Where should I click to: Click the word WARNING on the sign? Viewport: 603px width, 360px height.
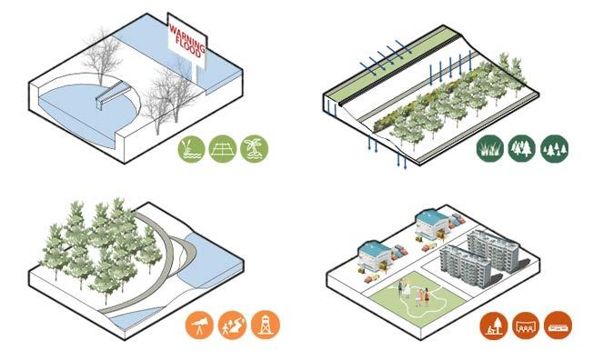pyautogui.click(x=187, y=37)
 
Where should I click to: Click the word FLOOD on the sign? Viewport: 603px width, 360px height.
pyautogui.click(x=188, y=46)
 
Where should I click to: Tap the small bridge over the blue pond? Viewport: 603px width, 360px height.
pyautogui.click(x=109, y=95)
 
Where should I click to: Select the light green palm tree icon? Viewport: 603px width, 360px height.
pyautogui.click(x=254, y=149)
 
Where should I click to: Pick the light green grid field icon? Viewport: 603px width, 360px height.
pyautogui.click(x=223, y=149)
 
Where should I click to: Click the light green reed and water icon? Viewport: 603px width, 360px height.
pyautogui.click(x=192, y=149)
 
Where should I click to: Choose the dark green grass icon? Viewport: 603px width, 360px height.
pyautogui.click(x=490, y=148)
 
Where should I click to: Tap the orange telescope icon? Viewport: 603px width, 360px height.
pyautogui.click(x=199, y=325)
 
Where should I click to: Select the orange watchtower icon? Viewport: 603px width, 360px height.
pyautogui.click(x=266, y=325)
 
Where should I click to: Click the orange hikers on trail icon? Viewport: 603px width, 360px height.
pyautogui.click(x=232, y=325)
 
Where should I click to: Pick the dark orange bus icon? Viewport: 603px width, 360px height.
pyautogui.click(x=558, y=325)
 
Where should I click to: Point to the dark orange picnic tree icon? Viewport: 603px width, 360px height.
pyautogui.click(x=494, y=325)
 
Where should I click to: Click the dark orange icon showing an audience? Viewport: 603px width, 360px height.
pyautogui.click(x=526, y=325)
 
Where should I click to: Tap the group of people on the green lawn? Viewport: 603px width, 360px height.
pyautogui.click(x=414, y=294)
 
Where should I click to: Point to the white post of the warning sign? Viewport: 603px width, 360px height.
pyautogui.click(x=197, y=75)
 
